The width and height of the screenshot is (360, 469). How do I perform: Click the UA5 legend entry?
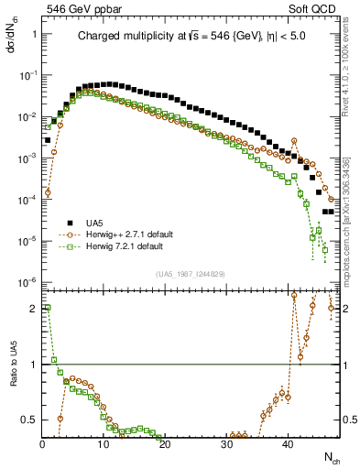(95, 223)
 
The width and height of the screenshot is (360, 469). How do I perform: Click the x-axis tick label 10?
(104, 444)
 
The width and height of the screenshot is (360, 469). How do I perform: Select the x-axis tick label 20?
(165, 444)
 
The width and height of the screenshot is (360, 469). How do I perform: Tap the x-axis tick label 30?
(226, 444)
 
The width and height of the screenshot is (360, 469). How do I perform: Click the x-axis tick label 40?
(288, 444)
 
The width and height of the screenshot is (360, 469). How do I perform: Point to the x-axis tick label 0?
(42, 444)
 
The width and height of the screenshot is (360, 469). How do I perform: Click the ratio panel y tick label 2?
(32, 309)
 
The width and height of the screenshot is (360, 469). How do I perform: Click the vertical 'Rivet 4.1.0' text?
(351, 92)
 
